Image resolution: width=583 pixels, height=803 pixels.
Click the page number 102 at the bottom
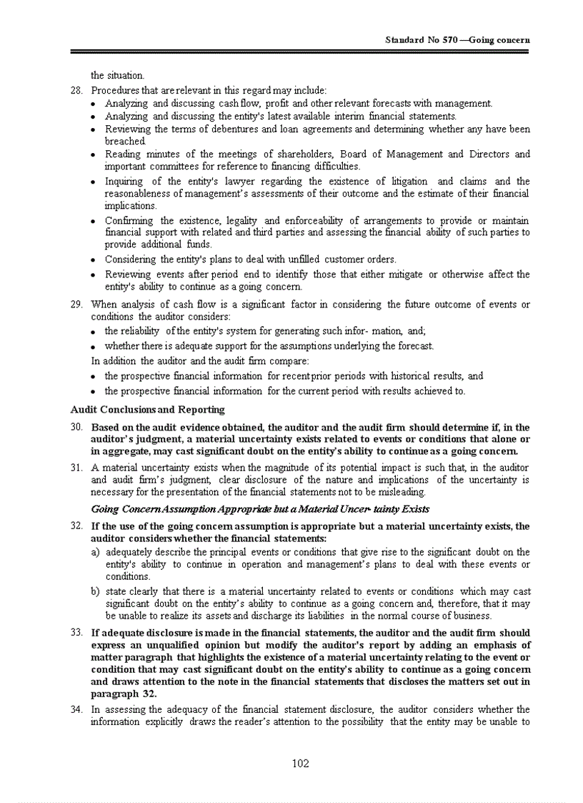pos(300,764)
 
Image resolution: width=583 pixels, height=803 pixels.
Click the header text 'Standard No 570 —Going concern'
pos(457,40)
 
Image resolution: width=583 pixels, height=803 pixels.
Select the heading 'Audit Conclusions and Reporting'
pos(147,410)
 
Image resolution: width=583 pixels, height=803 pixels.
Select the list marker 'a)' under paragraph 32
pos(96,552)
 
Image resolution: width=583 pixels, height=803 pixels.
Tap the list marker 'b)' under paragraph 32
pos(96,592)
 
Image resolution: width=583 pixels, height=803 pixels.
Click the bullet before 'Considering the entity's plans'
pos(95,260)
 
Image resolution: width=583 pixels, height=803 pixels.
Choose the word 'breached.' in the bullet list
pos(125,142)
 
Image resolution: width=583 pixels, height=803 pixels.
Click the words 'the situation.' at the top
pos(117,75)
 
